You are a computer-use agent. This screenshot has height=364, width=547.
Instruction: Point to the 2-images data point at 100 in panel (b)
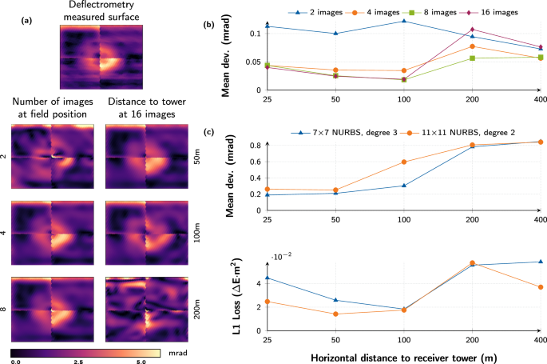point(404,21)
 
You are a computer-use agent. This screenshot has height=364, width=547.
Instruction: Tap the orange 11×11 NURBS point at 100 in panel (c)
point(404,162)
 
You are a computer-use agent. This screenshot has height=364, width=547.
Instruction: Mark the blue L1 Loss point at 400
point(540,262)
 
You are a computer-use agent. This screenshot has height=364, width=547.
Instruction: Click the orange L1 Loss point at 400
point(540,287)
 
